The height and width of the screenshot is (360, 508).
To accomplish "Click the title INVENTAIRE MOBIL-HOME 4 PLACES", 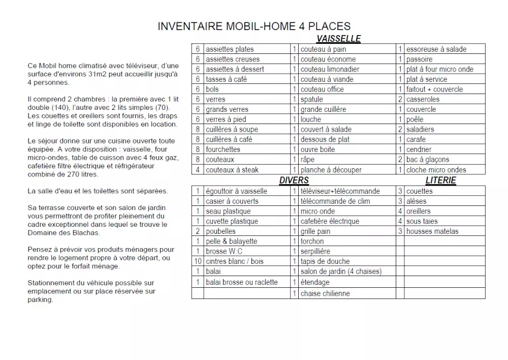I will (x=254, y=26).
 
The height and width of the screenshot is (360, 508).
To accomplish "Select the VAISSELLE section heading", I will (x=338, y=39).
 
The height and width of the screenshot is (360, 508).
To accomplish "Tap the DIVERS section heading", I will (x=294, y=180).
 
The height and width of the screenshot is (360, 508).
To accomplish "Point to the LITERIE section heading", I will (x=440, y=180).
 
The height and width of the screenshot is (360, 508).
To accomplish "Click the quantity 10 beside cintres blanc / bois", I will (x=198, y=261).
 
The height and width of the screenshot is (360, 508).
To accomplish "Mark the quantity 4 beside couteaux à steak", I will (x=198, y=170).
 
